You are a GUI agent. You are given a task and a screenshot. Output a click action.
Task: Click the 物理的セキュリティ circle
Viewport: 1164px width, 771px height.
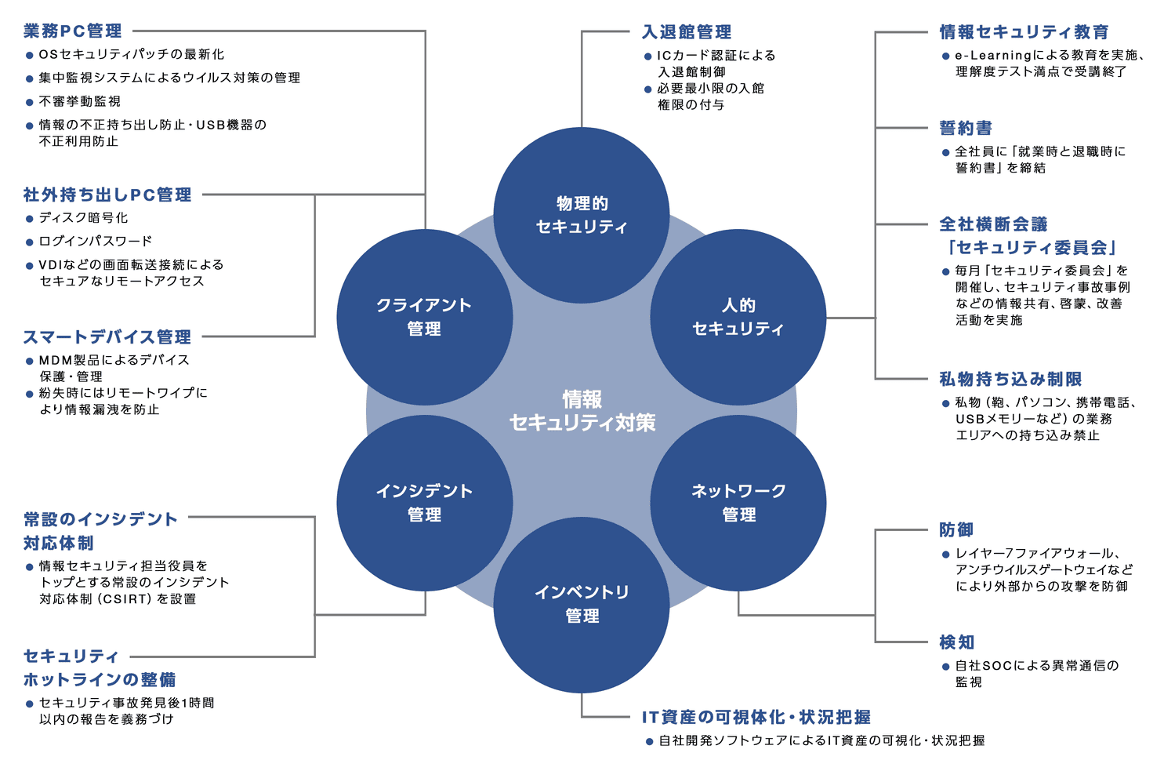(x=582, y=215)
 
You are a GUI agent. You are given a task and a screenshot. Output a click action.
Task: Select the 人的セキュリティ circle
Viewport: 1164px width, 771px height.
(x=738, y=317)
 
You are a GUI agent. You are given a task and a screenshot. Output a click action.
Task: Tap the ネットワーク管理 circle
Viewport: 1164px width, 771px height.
(x=738, y=503)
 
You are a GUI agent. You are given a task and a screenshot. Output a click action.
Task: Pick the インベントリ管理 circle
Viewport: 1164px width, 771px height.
(x=582, y=604)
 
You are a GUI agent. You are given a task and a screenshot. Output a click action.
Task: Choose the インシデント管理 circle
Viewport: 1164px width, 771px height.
(x=425, y=503)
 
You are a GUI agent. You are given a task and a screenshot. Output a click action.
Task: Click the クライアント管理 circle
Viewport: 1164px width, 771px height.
(x=425, y=317)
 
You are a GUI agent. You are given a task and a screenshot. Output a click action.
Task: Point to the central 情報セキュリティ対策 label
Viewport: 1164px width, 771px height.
(x=582, y=411)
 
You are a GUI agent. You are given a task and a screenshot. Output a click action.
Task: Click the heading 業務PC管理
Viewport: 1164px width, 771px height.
(x=73, y=31)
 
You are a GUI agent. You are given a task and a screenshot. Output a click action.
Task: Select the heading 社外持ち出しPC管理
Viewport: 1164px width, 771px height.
(x=107, y=195)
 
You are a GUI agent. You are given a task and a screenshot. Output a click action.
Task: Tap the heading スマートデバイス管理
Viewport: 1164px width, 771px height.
(x=107, y=337)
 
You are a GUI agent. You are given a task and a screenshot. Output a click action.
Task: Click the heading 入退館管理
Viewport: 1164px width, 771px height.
(x=687, y=32)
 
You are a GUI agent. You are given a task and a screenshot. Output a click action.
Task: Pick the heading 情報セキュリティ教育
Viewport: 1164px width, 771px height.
(x=1024, y=32)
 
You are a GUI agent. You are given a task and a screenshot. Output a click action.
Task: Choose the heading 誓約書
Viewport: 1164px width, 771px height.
(x=966, y=128)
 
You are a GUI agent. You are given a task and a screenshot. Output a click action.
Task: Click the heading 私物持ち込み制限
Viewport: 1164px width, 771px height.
(x=1010, y=380)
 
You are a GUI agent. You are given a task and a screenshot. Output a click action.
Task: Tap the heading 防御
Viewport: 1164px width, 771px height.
(x=956, y=530)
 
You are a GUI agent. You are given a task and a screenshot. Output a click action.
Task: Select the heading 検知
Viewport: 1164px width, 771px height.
(x=956, y=642)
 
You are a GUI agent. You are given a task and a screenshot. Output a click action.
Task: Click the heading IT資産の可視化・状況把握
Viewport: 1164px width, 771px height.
(x=756, y=717)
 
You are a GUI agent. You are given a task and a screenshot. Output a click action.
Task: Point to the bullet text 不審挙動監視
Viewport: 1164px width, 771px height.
(x=80, y=101)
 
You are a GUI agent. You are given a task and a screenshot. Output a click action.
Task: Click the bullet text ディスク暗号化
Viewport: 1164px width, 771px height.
(x=84, y=218)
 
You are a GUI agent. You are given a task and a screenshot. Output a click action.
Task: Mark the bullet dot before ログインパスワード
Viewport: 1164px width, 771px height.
(x=30, y=242)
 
